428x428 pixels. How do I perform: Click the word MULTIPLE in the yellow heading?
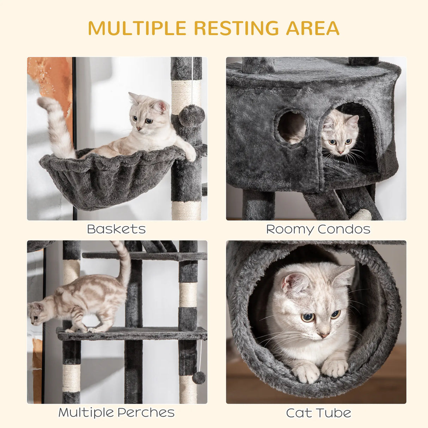137,28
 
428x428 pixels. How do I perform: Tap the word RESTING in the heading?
236,28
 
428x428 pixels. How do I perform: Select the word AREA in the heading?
312,28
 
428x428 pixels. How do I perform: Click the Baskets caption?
116,229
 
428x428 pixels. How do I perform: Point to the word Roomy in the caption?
289,229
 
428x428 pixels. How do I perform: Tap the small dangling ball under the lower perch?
199,378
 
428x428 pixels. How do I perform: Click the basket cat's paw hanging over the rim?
190,154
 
